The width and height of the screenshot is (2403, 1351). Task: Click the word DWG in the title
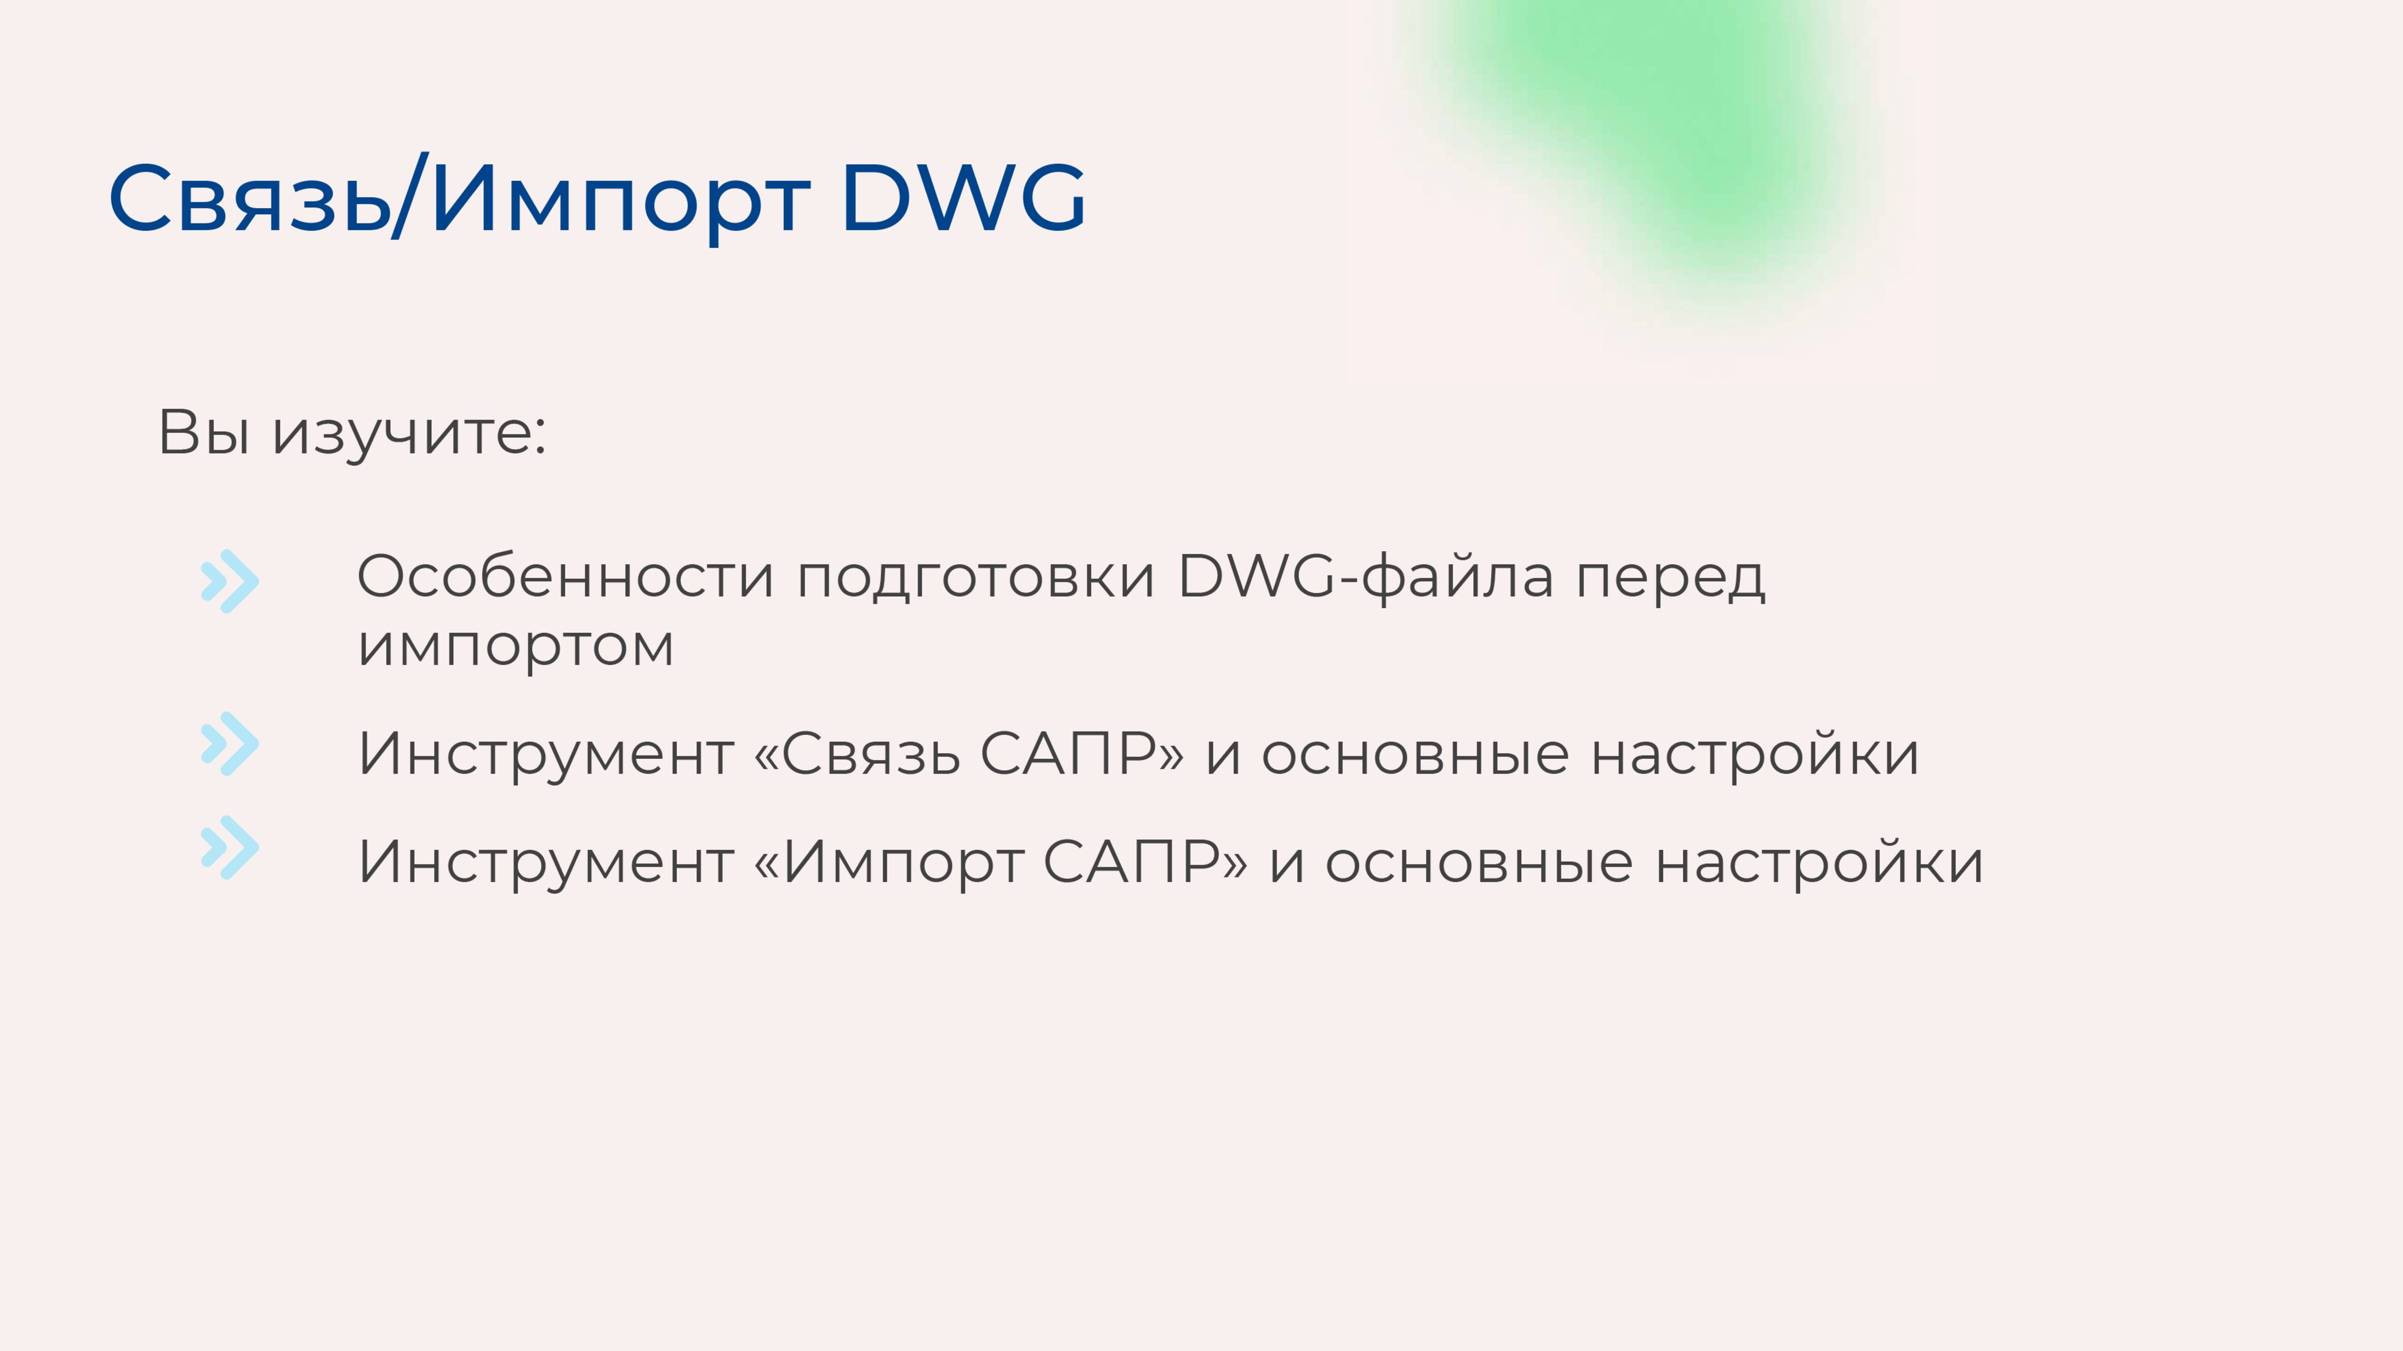pos(963,198)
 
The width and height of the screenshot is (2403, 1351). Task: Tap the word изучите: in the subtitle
pos(409,433)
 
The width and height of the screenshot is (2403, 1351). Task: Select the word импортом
pos(515,646)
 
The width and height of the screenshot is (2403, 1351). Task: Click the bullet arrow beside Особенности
pos(230,582)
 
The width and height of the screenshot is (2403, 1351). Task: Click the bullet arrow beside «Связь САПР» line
pos(230,744)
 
